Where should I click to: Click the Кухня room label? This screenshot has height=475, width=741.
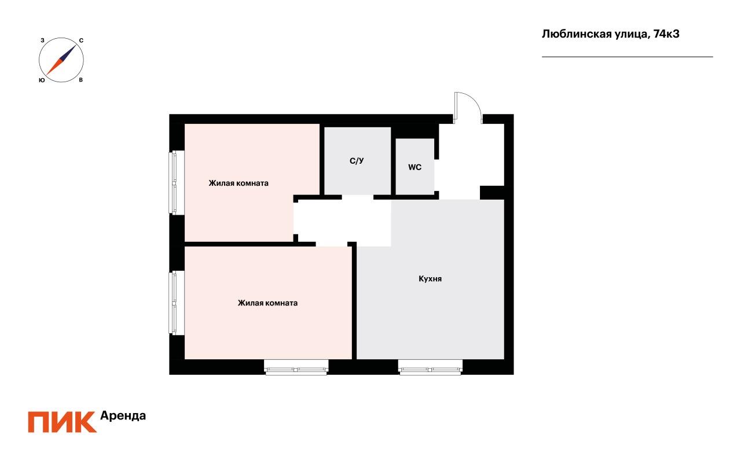coord(430,279)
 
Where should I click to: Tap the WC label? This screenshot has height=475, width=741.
coord(414,167)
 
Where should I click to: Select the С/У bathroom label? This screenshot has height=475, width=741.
coord(357,161)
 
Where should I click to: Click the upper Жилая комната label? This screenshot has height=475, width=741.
coord(239,183)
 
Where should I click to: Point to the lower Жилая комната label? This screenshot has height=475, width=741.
coord(267,303)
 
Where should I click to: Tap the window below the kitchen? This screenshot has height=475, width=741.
coord(430,367)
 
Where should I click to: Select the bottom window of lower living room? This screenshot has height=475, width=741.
coord(296,367)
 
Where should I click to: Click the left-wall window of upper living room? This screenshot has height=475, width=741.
coord(177,182)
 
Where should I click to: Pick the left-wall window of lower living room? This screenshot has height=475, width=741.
coord(177,303)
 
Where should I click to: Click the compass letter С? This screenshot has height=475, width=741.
coord(81,40)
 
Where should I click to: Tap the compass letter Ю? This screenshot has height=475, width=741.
coord(42,80)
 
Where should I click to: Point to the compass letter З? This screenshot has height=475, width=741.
coord(42,40)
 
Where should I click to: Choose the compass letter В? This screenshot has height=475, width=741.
coord(80,80)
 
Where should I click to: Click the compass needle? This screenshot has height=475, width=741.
coord(61,60)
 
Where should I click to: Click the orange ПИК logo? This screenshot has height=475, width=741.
coord(62,422)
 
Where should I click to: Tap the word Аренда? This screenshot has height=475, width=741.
coord(123,415)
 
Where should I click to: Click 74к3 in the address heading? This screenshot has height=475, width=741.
coord(666,34)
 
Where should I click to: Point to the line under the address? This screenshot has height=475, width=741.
coord(627,57)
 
